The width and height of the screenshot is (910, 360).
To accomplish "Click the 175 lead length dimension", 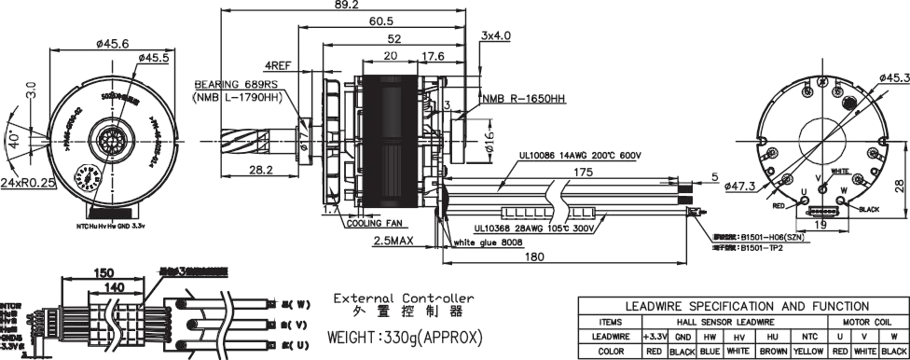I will coord(584,173).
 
